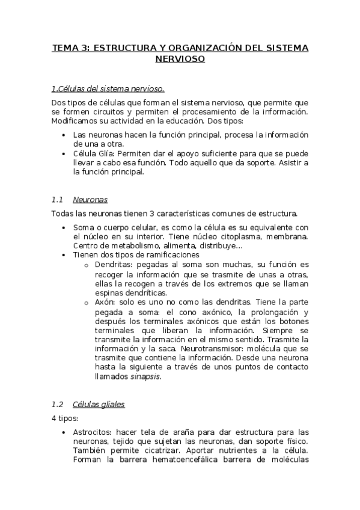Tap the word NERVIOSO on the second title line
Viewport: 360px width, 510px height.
(x=180, y=59)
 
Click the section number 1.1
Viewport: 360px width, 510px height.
(x=57, y=199)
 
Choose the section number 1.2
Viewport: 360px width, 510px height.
(x=57, y=404)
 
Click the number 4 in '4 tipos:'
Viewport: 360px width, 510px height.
(x=53, y=419)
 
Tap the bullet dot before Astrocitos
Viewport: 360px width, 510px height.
(x=64, y=432)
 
